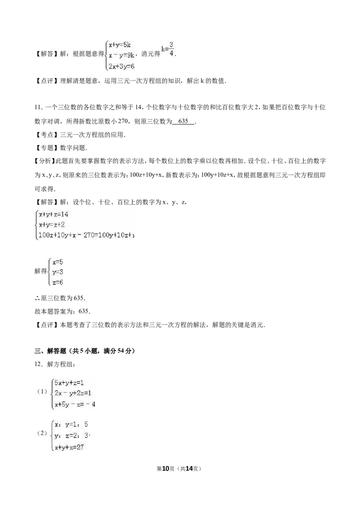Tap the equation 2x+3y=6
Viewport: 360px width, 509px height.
point(121,66)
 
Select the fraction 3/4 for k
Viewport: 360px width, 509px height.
point(171,49)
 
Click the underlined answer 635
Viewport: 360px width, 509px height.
point(183,121)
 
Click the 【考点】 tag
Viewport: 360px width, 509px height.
point(47,135)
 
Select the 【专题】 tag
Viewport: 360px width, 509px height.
point(47,148)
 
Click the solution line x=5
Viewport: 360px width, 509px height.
point(58,262)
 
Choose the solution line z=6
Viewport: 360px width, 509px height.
point(58,282)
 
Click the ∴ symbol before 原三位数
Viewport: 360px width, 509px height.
point(37,298)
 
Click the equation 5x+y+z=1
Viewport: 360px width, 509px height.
point(69,383)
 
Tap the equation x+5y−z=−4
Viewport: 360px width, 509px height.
point(75,405)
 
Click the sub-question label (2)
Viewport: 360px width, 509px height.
point(42,433)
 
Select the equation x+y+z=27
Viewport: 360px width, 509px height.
point(69,447)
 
